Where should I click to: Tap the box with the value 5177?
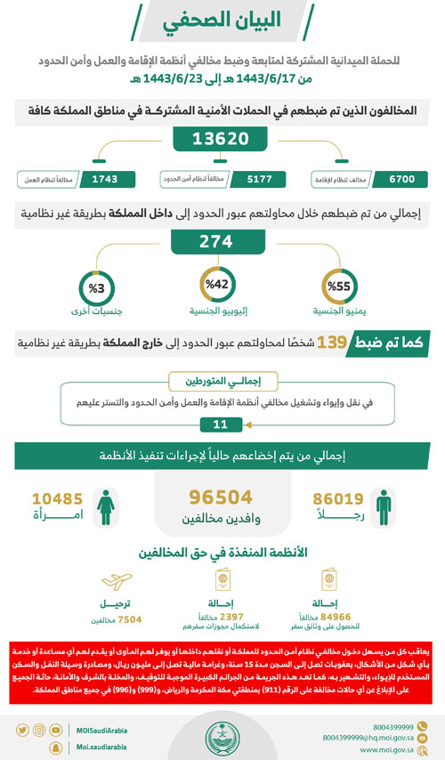263,179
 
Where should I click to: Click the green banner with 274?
221,241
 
